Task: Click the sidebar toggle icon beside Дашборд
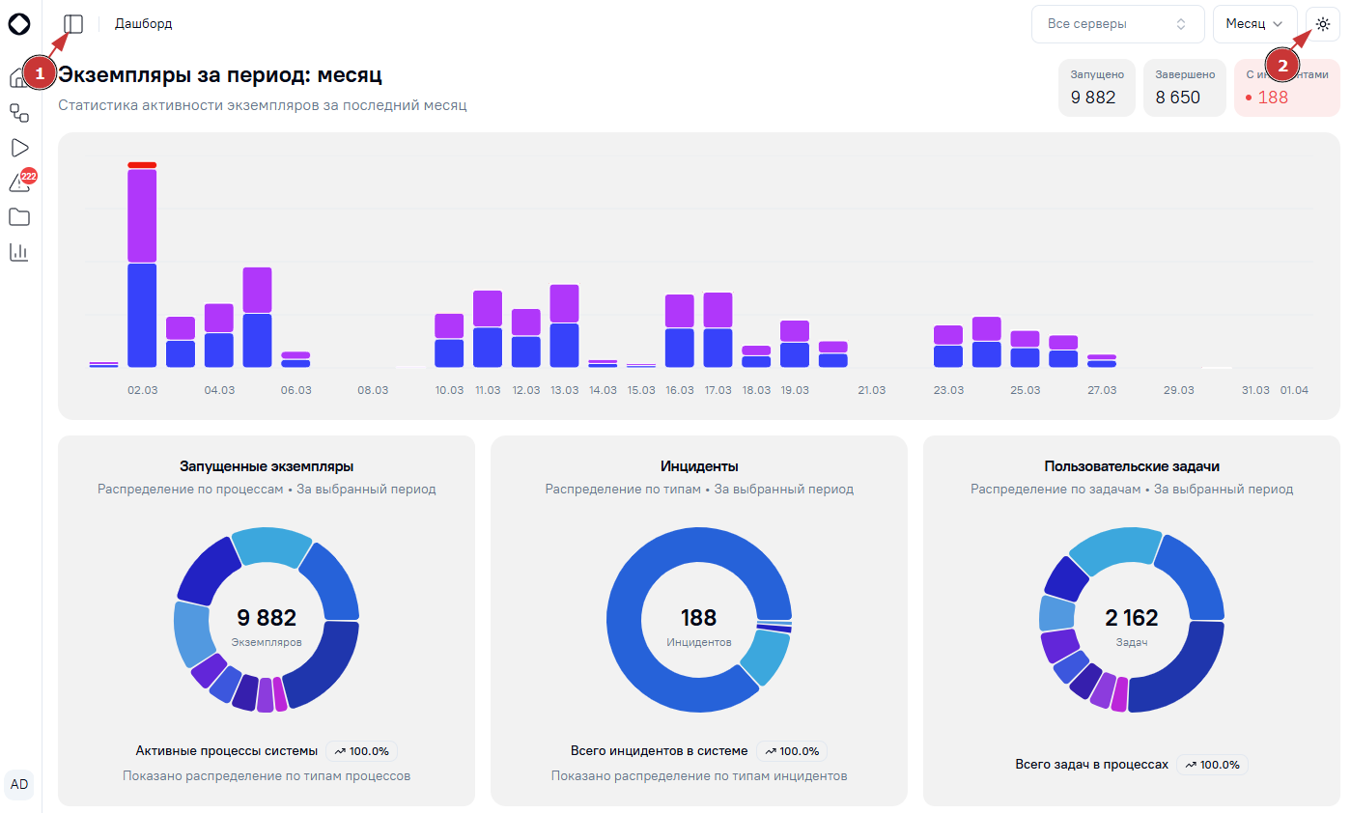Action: pos(73,24)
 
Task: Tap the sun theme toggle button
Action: pos(1323,24)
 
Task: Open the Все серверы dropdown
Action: pos(1117,24)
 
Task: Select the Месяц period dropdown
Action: pos(1254,24)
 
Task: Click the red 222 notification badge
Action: pos(28,176)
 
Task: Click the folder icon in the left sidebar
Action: pos(19,217)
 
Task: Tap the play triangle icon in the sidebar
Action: pos(20,148)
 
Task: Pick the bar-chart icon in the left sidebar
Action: pos(19,252)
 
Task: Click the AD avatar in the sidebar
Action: pos(19,784)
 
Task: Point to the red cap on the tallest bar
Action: pos(142,165)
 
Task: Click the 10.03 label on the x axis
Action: pos(449,390)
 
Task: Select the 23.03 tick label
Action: pos(948,390)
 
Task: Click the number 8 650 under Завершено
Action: pos(1178,98)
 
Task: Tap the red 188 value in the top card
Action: pos(1273,98)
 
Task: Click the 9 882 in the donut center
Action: pos(267,618)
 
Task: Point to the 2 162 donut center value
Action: pos(1132,618)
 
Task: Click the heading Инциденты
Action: pos(699,466)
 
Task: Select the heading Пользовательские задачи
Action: pos(1132,466)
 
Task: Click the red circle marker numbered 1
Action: pos(40,73)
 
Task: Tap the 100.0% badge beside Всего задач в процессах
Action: pos(1212,765)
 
